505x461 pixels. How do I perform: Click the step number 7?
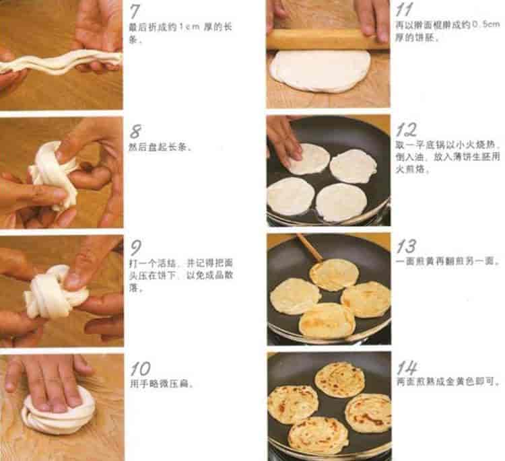click(135, 11)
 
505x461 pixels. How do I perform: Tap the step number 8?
click(135, 131)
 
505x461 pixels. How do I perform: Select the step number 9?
click(135, 248)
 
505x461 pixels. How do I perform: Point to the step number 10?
click(141, 369)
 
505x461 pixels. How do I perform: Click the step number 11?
click(404, 9)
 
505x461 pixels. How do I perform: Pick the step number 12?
click(406, 129)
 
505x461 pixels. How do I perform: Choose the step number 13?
click(406, 246)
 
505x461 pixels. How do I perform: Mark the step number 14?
click(407, 367)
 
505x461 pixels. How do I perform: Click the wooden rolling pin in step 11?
click(327, 38)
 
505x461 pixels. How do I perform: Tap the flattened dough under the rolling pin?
click(320, 70)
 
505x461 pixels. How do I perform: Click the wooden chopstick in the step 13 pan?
click(310, 247)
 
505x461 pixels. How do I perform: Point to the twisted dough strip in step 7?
click(61, 63)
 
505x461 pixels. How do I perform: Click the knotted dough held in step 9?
click(55, 291)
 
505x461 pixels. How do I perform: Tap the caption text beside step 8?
click(160, 147)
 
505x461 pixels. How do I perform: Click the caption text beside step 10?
click(161, 384)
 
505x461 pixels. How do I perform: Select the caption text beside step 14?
click(448, 382)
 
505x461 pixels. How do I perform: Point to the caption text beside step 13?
click(448, 261)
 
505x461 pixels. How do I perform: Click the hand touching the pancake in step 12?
click(283, 140)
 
